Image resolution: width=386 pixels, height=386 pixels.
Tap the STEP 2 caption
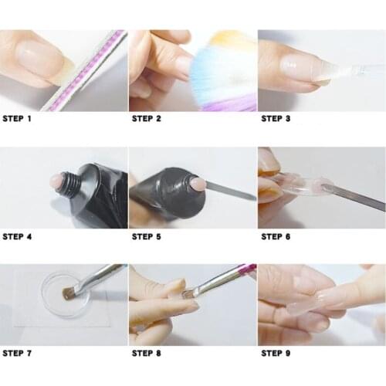(x=147, y=119)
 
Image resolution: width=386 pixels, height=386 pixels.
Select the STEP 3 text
(x=276, y=119)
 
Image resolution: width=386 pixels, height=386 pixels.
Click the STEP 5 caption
(x=147, y=236)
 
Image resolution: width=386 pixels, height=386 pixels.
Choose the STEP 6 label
(x=276, y=236)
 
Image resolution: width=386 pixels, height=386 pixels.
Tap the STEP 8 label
(x=147, y=354)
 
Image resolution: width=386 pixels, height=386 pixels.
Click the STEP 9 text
(x=276, y=354)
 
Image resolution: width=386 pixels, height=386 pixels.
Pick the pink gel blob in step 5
(x=197, y=184)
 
